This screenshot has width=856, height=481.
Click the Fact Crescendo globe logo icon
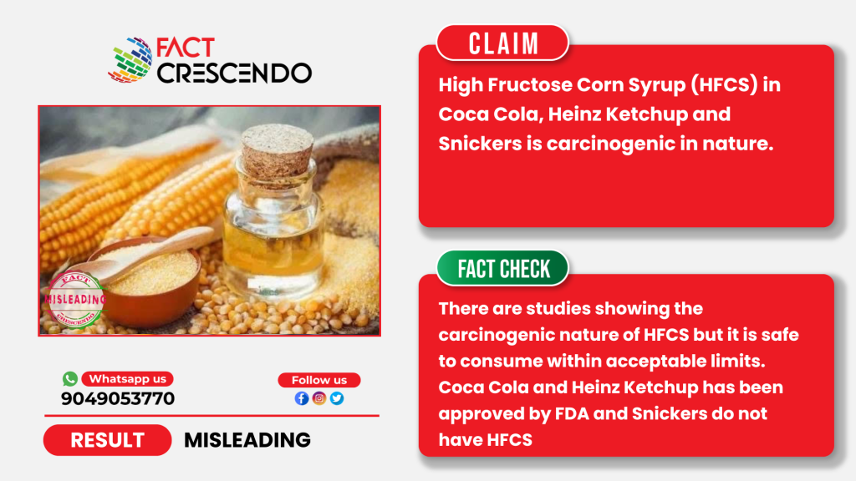[x=130, y=60]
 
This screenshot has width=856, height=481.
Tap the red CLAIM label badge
[x=502, y=43]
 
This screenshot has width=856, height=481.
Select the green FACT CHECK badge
[x=502, y=268]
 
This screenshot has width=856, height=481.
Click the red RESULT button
[x=108, y=440]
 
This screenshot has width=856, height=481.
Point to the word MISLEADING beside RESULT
[x=247, y=440]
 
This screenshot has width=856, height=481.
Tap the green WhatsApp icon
[x=70, y=378]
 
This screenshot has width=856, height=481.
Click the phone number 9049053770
[x=118, y=398]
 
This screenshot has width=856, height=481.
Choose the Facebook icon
[x=301, y=398]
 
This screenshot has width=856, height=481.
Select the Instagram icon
[x=319, y=398]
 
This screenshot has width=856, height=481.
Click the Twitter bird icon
[x=337, y=398]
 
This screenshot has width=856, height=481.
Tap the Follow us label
[x=319, y=380]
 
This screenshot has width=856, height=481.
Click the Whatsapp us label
[x=128, y=378]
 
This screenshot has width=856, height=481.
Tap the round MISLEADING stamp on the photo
[x=75, y=300]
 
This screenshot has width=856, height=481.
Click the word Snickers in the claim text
[x=481, y=144]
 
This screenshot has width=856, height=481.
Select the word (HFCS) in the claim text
[x=724, y=85]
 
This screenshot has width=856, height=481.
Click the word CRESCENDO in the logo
[x=235, y=73]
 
